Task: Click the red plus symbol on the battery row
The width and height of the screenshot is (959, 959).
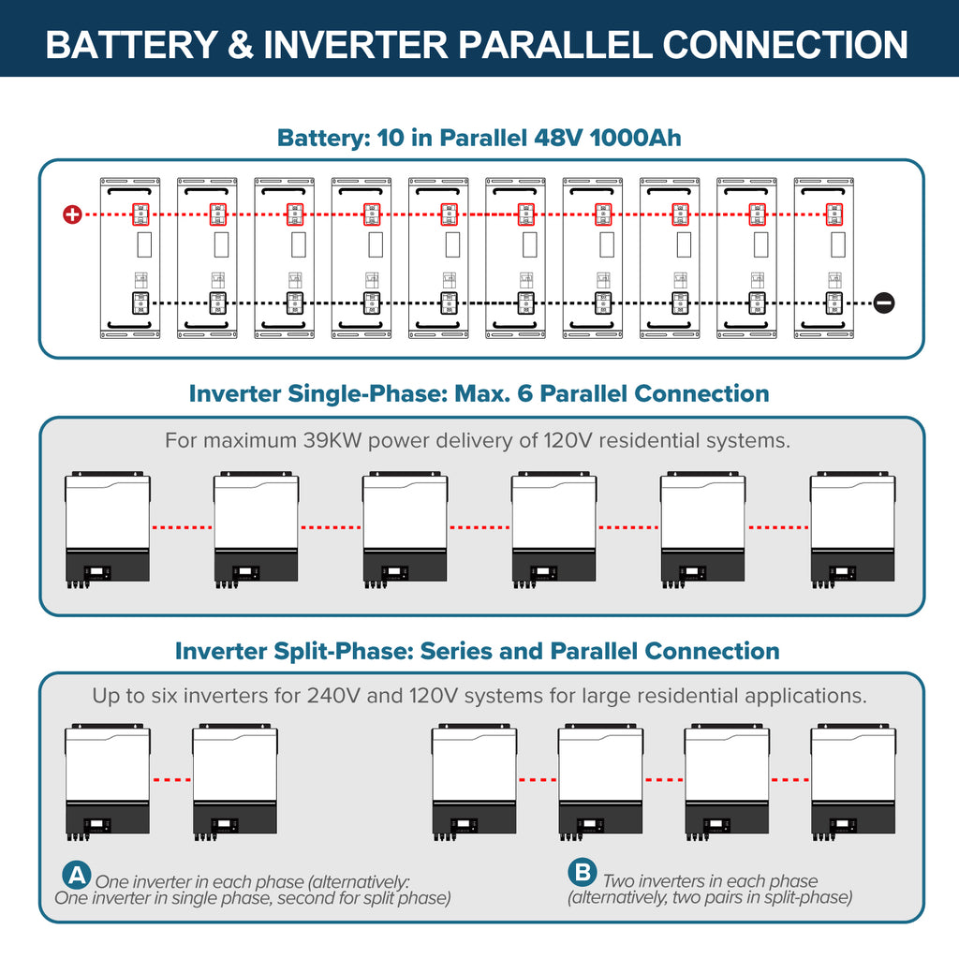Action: pyautogui.click(x=72, y=214)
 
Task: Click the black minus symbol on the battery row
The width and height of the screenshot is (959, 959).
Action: pyautogui.click(x=883, y=302)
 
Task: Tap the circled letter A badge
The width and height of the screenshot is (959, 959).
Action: pyautogui.click(x=76, y=876)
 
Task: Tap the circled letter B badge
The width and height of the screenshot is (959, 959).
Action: pyautogui.click(x=582, y=874)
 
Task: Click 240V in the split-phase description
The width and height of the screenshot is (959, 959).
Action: pyautogui.click(x=332, y=696)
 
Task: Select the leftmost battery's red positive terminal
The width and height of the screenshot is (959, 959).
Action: pyautogui.click(x=140, y=214)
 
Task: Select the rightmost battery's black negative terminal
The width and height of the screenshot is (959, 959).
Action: pyautogui.click(x=833, y=302)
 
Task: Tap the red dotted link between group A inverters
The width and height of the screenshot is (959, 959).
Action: pyautogui.click(x=170, y=779)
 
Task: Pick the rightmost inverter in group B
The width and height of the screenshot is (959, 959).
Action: pyautogui.click(x=852, y=780)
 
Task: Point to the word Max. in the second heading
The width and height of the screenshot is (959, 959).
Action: pyautogui.click(x=479, y=393)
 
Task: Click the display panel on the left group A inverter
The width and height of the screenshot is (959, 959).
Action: pyautogui.click(x=98, y=826)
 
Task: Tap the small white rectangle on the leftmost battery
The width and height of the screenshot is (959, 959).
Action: pyautogui.click(x=144, y=245)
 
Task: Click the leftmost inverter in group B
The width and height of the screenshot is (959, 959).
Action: pyautogui.click(x=474, y=780)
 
